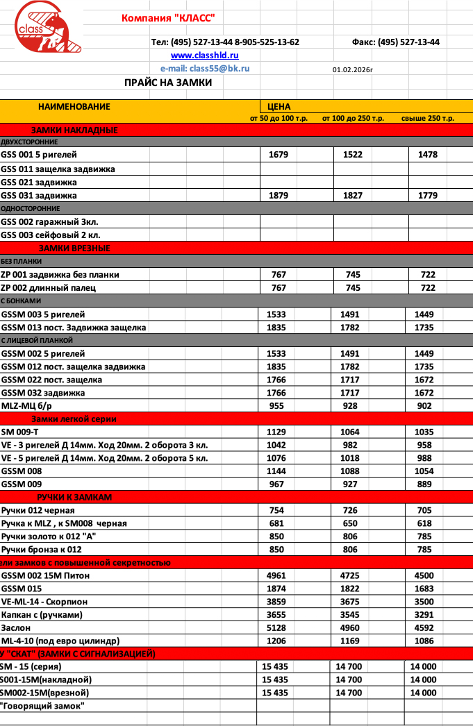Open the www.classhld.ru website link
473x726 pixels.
(205, 56)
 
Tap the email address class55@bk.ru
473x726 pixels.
(205, 69)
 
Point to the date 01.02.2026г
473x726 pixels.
(353, 69)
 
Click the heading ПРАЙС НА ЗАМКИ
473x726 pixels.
(168, 83)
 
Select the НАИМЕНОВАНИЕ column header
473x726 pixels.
(74, 107)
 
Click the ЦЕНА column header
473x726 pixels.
(279, 107)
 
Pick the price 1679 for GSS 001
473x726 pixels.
(279, 155)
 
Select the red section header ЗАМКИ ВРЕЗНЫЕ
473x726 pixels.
(74, 248)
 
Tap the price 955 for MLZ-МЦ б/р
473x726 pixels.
(276, 406)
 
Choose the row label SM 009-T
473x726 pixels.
(24, 432)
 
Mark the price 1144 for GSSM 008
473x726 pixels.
(276, 471)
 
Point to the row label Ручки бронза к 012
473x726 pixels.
(42, 550)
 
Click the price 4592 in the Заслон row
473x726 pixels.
(423, 627)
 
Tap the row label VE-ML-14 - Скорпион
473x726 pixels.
(44, 602)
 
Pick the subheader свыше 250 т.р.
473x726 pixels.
(428, 119)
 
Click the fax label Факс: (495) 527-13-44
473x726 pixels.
(396, 42)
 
